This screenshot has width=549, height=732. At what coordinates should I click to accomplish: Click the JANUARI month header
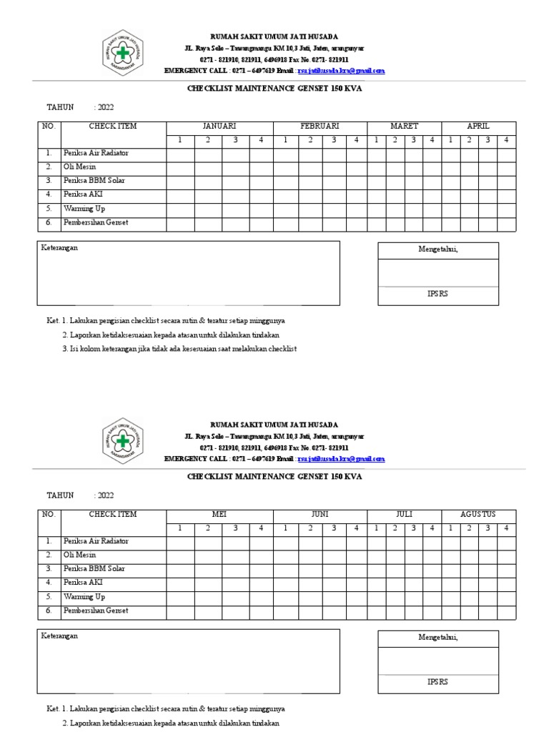point(219,126)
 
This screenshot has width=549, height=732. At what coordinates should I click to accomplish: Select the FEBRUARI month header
point(320,126)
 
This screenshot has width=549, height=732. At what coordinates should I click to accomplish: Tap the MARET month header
point(404,126)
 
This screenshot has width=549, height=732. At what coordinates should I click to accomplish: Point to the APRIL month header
point(478,126)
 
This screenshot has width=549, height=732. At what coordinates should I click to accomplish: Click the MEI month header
point(219,514)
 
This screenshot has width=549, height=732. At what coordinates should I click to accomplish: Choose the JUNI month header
point(320,514)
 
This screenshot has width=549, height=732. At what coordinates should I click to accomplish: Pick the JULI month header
point(404,514)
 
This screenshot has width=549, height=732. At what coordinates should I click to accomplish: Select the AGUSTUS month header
point(478,514)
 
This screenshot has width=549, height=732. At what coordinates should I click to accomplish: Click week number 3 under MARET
point(413,139)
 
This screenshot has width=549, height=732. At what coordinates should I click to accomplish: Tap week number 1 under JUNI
point(285,528)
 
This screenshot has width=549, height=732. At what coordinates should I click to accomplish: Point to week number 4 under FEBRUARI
point(355,139)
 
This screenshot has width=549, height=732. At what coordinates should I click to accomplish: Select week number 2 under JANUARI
point(207,139)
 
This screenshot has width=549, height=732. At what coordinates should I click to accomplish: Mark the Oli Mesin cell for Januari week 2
point(207,167)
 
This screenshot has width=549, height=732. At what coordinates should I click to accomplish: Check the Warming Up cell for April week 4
point(506,209)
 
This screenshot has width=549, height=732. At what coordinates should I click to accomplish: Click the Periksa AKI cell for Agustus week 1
point(450,583)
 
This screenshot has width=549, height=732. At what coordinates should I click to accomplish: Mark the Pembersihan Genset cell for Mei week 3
point(234,611)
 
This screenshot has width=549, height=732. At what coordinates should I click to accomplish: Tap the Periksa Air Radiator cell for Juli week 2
point(395,541)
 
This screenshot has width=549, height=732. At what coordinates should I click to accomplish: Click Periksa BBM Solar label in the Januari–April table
point(94,181)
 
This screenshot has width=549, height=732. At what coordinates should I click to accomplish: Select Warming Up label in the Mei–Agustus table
point(84,597)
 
